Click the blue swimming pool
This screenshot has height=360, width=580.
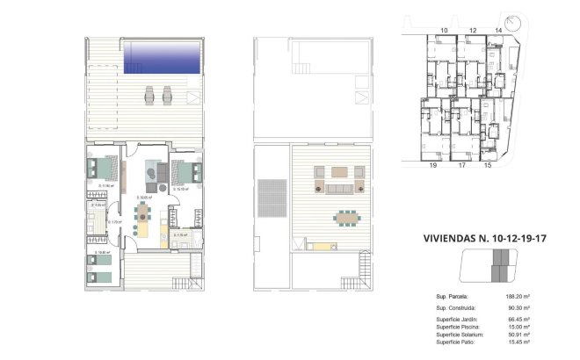pyautogui.click(x=162, y=60)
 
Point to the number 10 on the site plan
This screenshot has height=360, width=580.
pyautogui.click(x=443, y=31)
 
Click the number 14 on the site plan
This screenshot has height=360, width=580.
pyautogui.click(x=472, y=31)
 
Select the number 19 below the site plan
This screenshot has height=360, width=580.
pyautogui.click(x=432, y=164)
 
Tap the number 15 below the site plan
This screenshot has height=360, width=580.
pyautogui.click(x=488, y=164)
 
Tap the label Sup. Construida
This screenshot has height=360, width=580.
pyautogui.click(x=456, y=308)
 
